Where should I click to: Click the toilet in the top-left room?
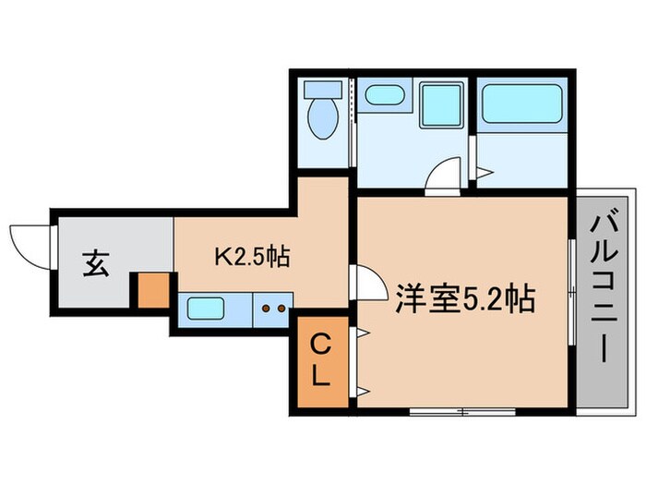coord(323,115)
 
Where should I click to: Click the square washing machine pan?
coord(440,103)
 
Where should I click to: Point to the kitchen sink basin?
coord(205,308)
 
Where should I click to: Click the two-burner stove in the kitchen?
coord(273,308)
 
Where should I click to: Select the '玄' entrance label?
coord(95,263)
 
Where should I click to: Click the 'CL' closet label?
coord(320,361)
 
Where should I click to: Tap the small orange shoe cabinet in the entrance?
coord(151,290)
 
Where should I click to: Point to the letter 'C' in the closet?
coord(320,346)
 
